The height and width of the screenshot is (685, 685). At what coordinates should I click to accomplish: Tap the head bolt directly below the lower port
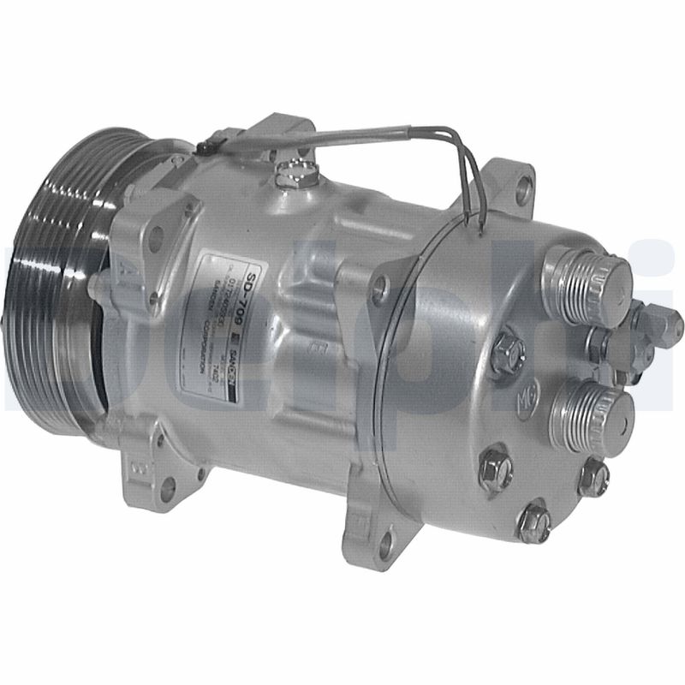tap(593, 476)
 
